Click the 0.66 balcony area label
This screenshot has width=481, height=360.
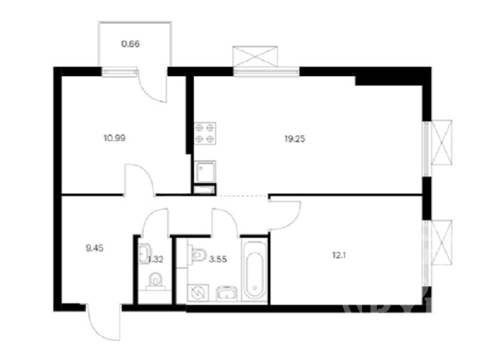pos(131,44)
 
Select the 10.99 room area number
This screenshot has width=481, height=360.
pos(115,138)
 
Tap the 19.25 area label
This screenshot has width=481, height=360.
pos(295,139)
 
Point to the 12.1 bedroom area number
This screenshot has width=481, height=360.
pos(339,255)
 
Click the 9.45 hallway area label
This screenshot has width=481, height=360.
pos(94,248)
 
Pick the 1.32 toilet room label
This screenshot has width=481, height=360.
pos(156,260)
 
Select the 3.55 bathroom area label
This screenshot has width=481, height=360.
pos(218,260)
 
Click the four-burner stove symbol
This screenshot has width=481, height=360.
pos(205,133)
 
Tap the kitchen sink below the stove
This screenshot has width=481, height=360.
pos(205,171)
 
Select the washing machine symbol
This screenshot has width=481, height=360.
pos(198,293)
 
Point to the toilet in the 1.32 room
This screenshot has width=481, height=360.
pos(156,281)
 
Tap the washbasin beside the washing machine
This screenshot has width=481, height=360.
pos(227,293)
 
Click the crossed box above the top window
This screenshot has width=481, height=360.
pos(255,56)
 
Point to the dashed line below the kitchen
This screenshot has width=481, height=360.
pos(243,195)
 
